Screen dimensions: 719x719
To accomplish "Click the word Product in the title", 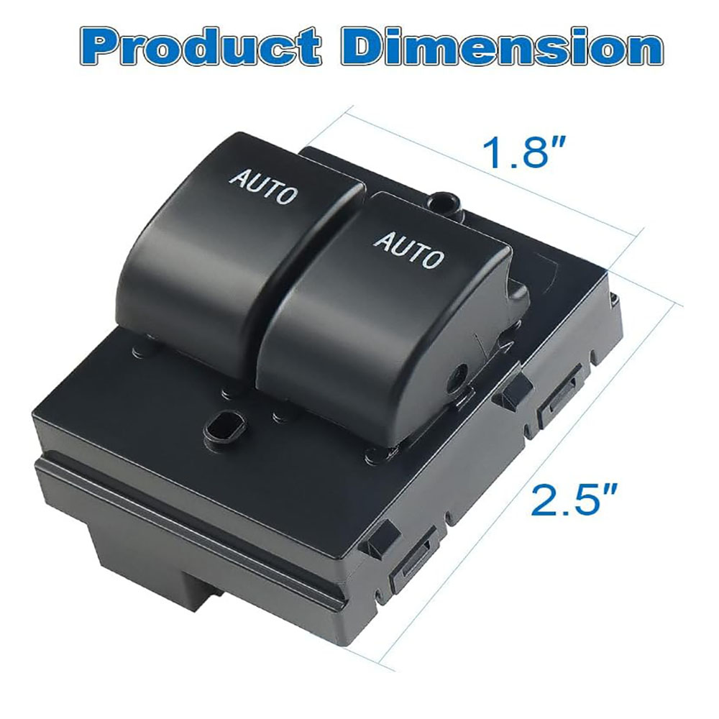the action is (200, 46).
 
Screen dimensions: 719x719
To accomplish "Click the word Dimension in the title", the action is (502, 46).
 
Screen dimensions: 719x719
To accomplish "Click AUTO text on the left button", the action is (263, 187).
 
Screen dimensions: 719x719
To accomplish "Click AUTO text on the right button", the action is (409, 249).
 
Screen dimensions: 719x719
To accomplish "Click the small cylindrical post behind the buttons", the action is (442, 202).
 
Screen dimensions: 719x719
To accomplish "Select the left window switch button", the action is (239, 247).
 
